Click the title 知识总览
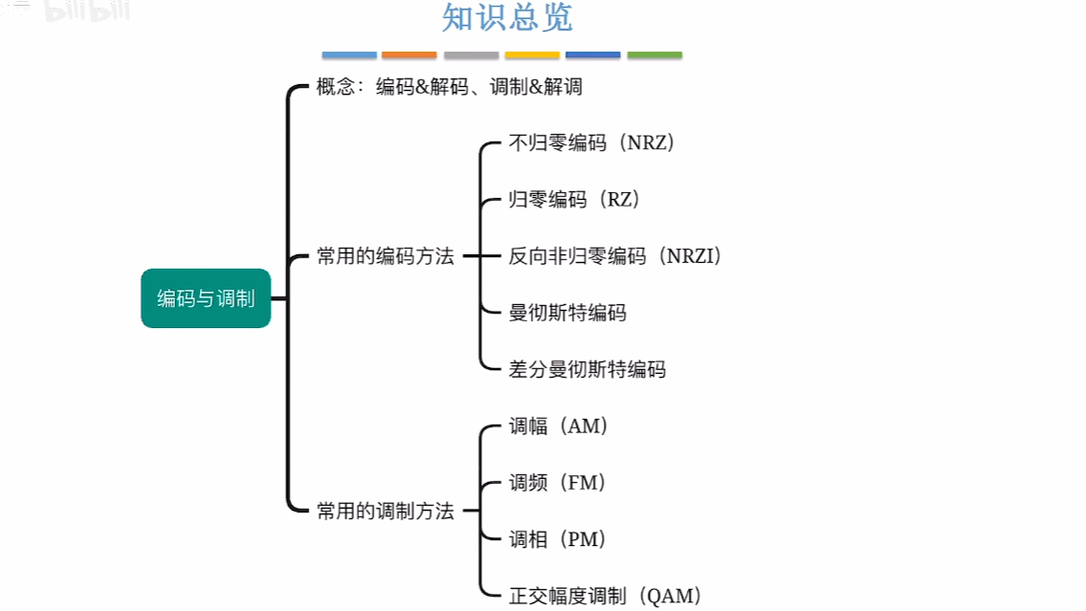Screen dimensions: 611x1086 pos(507,19)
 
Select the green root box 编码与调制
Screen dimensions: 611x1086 pos(206,298)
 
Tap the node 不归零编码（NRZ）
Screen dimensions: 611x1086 pos(592,143)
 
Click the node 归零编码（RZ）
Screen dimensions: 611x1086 pos(573,200)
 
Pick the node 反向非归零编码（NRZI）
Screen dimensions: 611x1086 pos(614,256)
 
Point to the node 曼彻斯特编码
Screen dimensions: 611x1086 pos(567,313)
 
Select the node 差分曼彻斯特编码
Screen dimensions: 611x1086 pos(587,369)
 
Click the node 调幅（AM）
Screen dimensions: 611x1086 pos(558,426)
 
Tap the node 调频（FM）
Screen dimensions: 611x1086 pos(558,483)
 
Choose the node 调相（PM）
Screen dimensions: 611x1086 pos(558,539)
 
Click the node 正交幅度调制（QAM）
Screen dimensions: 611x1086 pos(605,596)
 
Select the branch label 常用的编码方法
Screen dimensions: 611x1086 pos(385,256)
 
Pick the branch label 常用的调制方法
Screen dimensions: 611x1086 pos(385,512)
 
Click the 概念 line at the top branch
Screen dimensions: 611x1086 pos(449,87)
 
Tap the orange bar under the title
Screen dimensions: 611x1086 pos(409,55)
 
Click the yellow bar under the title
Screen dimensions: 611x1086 pos(532,55)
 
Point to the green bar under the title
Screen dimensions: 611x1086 pos(654,55)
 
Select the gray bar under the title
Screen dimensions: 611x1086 pos(471,55)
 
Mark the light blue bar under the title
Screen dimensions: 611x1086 pos(349,55)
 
